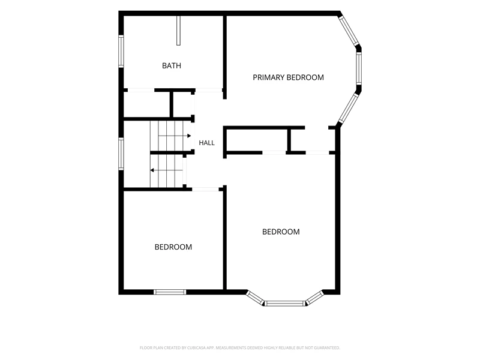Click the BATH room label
(172, 65)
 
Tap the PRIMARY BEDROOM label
(288, 77)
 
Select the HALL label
(206, 143)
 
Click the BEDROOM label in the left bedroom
(173, 247)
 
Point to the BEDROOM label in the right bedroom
(281, 232)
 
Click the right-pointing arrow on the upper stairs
(175, 136)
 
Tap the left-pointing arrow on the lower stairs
(166, 170)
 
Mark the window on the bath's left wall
(121, 51)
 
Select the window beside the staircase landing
(121, 154)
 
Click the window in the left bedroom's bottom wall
(170, 292)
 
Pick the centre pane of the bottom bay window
(285, 304)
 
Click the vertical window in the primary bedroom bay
(359, 68)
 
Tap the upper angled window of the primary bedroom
(349, 31)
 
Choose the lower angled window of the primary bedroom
(349, 108)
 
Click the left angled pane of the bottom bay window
(256, 298)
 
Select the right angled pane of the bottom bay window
(314, 298)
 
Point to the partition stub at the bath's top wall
(178, 31)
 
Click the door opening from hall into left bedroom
(205, 190)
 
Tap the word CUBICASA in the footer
(197, 348)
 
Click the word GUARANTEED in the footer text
(329, 348)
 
